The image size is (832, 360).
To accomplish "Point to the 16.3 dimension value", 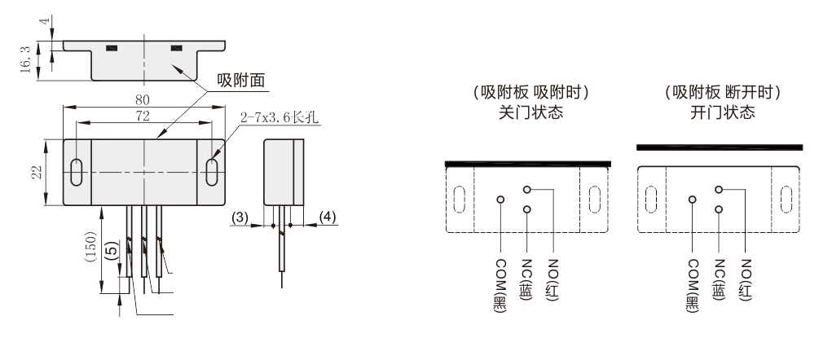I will coord(28,58).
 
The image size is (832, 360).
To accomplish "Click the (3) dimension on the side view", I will coord(240,217).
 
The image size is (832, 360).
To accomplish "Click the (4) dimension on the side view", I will coord(327,217).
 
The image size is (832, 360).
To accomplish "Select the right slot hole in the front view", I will coord(214,172).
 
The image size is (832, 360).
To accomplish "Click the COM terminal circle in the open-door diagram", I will coord(693,199).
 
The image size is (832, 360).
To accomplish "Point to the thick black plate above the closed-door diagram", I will coord(528,163).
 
